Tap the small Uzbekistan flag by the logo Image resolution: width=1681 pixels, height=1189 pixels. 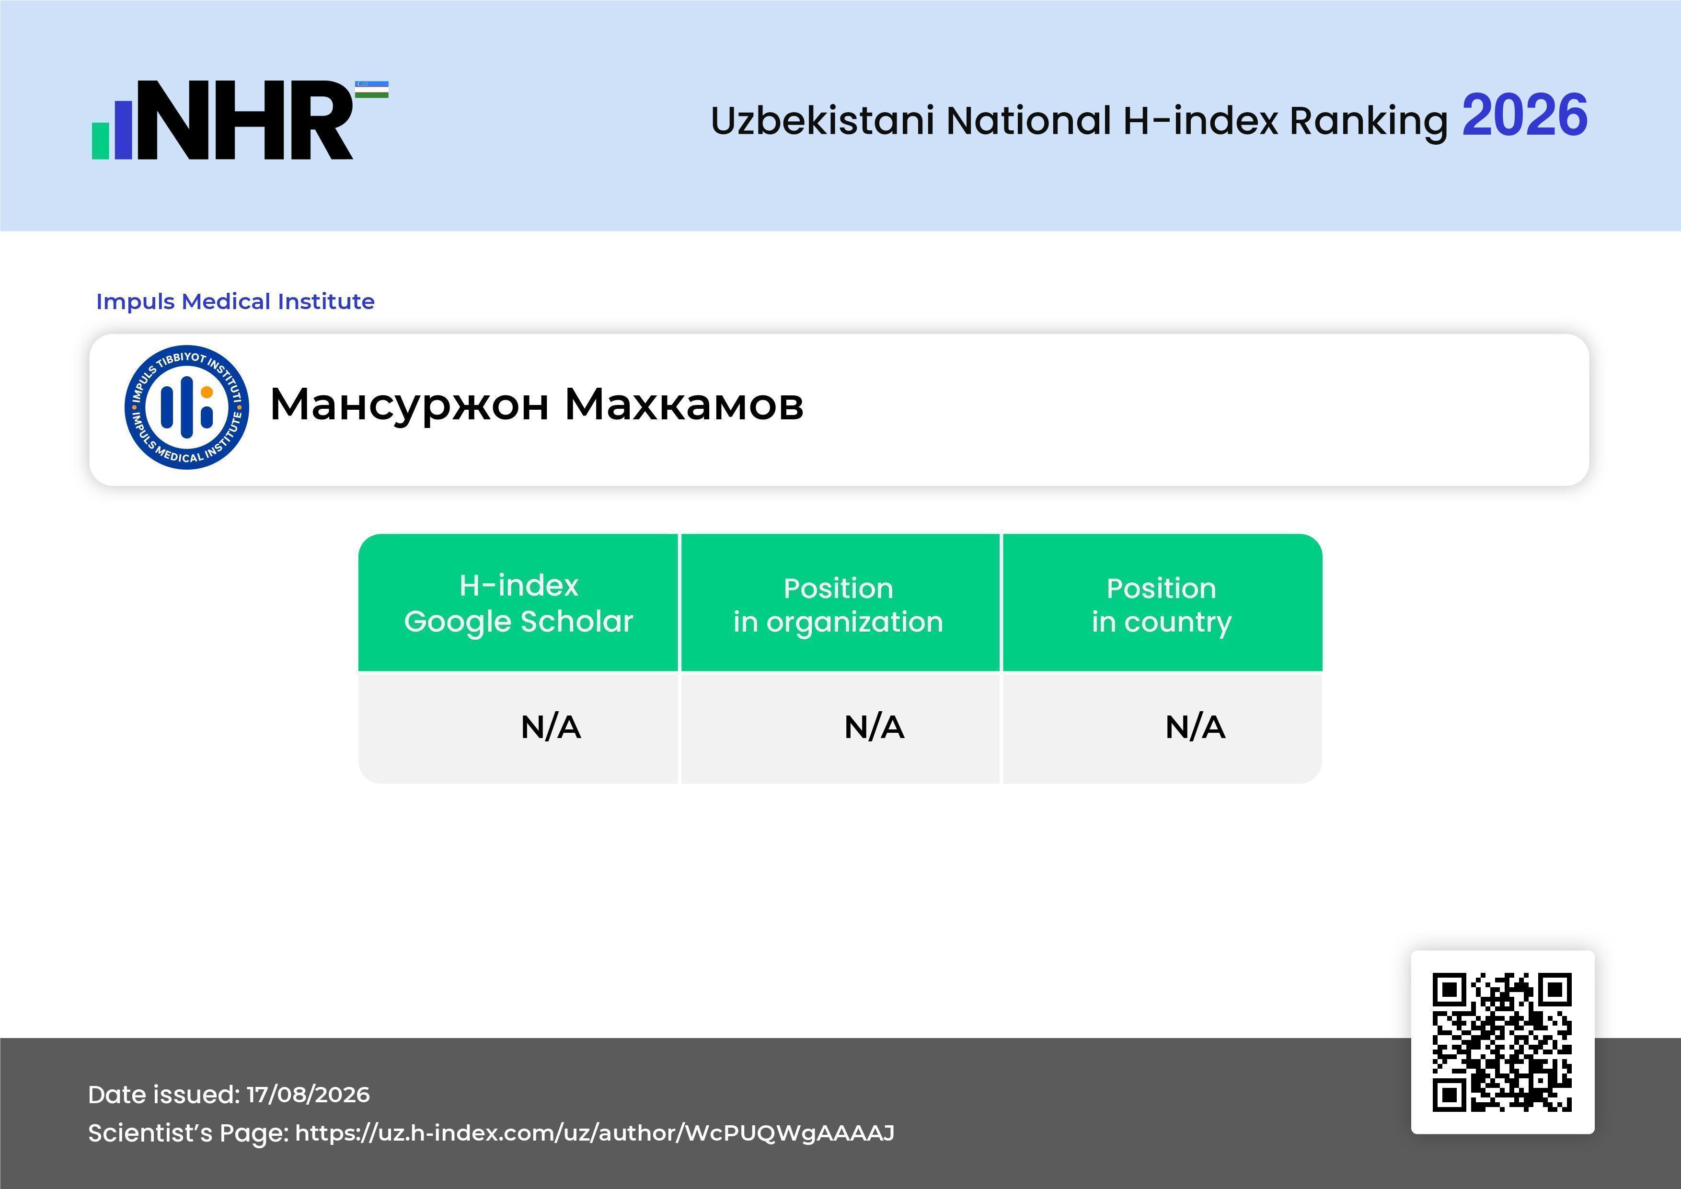(x=372, y=89)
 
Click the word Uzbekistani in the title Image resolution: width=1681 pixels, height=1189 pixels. (x=822, y=120)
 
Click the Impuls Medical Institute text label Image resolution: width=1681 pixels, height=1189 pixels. (x=235, y=301)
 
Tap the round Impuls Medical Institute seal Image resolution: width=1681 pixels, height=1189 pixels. (x=187, y=407)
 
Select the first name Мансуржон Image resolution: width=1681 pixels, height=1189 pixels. (x=409, y=405)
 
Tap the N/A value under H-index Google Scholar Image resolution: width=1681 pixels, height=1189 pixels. (x=551, y=727)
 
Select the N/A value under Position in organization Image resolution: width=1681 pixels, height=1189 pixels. (x=874, y=727)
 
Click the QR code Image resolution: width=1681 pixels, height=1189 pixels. (x=1502, y=1042)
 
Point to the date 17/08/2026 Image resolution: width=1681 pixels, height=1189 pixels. (x=308, y=1095)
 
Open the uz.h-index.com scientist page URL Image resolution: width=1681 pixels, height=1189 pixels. (x=595, y=1133)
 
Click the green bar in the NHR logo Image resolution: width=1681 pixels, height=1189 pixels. (x=100, y=140)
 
